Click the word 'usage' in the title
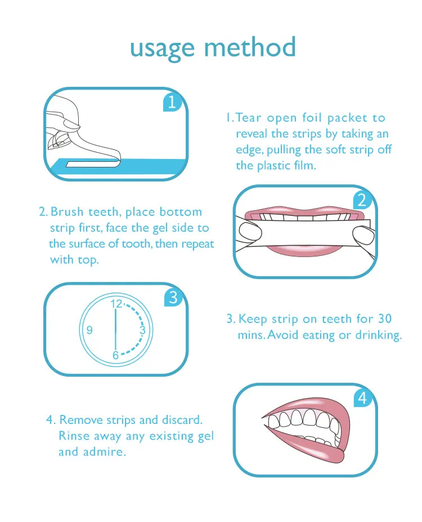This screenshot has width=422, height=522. click(x=162, y=49)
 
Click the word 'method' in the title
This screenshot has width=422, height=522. click(x=250, y=47)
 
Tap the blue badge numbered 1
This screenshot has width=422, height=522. click(x=173, y=102)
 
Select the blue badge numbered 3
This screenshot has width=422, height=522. click(x=174, y=297)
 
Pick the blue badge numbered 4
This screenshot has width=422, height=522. click(x=363, y=397)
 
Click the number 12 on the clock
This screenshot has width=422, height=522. click(x=116, y=304)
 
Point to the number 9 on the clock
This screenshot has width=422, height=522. click(x=89, y=330)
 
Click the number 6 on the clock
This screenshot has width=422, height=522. click(x=115, y=355)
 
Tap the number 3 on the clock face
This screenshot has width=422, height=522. click(x=142, y=330)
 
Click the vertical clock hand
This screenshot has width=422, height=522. click(x=116, y=330)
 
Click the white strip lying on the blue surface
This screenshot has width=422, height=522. click(x=92, y=164)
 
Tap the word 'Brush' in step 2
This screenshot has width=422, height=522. click(x=67, y=212)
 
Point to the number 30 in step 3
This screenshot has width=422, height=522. click(x=385, y=318)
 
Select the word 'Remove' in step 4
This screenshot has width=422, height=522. click(x=81, y=420)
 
